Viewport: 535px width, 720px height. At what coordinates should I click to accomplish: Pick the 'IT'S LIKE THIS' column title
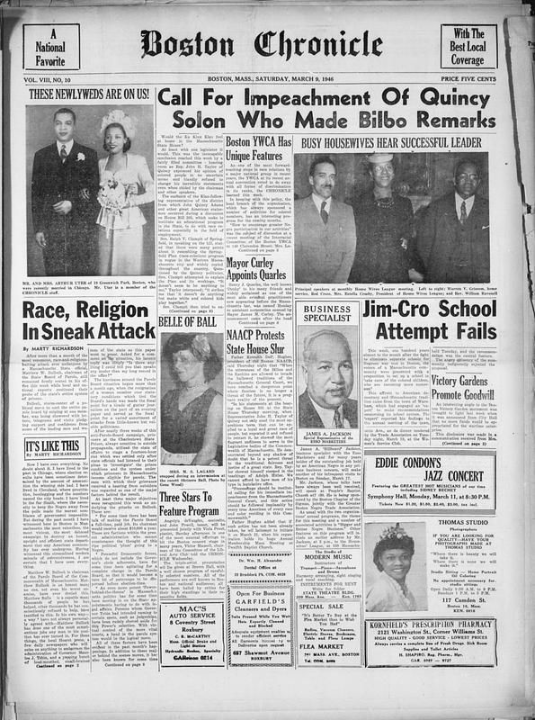[57, 445]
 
